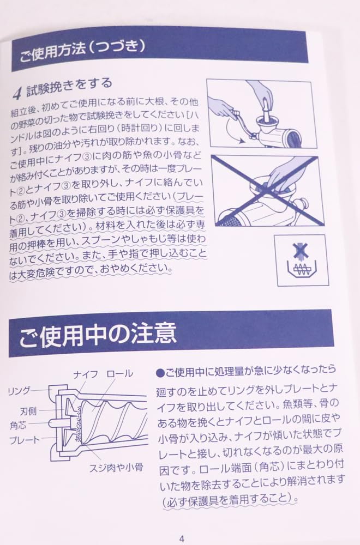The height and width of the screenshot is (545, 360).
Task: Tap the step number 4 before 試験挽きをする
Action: [17, 92]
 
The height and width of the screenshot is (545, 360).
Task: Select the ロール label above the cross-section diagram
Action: [119, 374]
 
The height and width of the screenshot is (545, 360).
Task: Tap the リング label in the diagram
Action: [19, 391]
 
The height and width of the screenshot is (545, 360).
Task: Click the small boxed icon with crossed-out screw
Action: [301, 260]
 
